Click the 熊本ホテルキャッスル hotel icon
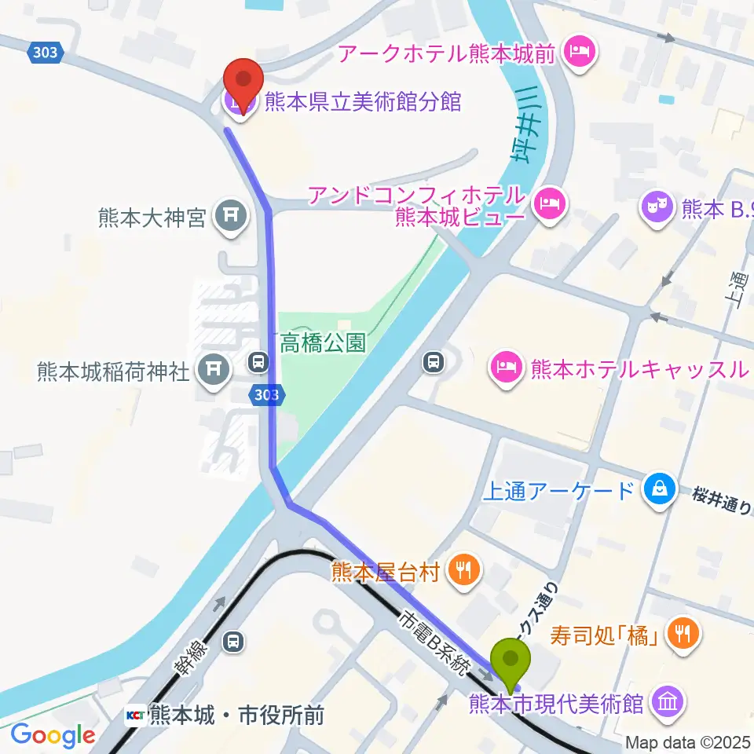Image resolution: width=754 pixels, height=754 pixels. pos(506,365)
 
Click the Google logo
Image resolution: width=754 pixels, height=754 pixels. pos(53,735)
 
